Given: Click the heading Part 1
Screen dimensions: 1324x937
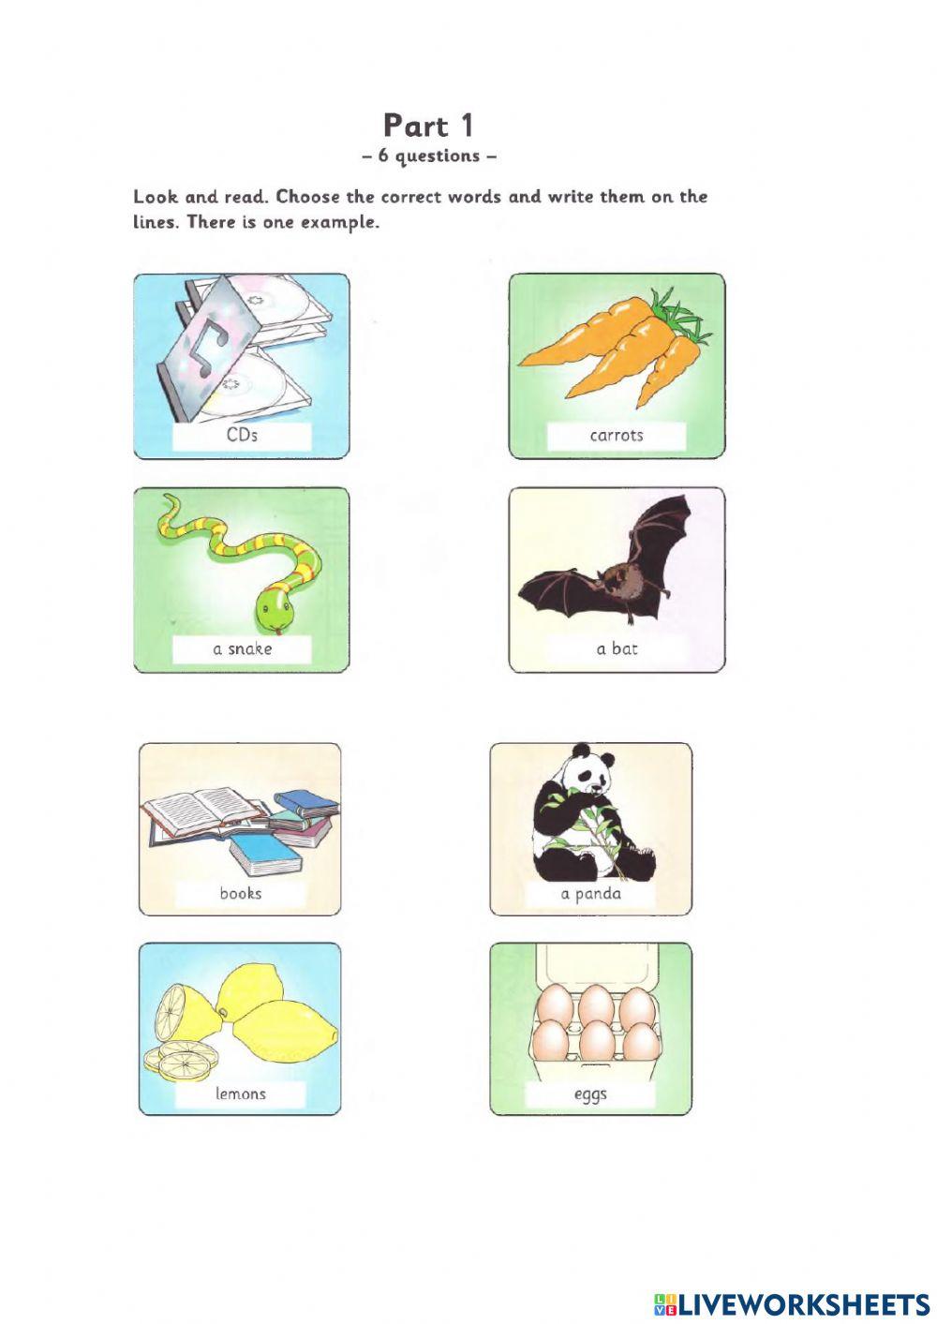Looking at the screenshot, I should click(428, 126).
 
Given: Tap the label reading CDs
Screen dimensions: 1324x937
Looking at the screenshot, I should click(242, 435).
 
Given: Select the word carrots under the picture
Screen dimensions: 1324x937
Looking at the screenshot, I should click(616, 435).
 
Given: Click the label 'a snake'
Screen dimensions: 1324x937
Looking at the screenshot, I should click(242, 648).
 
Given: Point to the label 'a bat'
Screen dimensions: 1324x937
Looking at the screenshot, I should click(616, 648).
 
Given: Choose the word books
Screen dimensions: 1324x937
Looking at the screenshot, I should click(240, 893).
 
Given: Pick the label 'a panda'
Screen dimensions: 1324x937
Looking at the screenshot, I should click(590, 893).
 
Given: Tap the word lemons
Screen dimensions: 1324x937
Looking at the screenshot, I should click(240, 1093).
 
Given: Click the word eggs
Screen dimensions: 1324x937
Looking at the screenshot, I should click(590, 1093).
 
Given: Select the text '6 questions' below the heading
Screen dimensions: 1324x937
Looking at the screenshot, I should click(428, 156).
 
